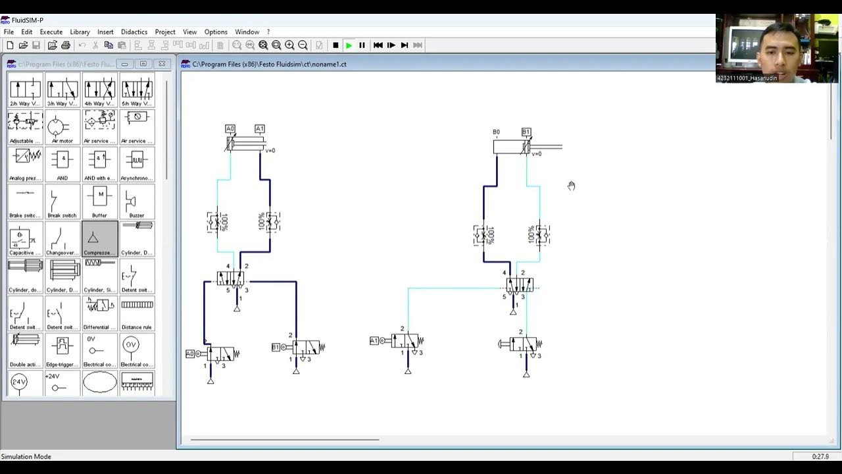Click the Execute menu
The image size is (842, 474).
51,32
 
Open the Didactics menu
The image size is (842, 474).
134,32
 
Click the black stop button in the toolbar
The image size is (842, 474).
335,45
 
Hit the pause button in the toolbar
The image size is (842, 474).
362,45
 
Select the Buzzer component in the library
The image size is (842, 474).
137,201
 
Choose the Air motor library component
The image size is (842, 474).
62,126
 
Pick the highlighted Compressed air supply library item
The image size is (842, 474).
100,239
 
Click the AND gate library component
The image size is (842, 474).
62,164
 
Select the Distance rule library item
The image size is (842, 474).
137,313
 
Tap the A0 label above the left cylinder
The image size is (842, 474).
230,129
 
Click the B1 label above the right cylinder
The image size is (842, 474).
526,132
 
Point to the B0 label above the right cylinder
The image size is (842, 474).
497,132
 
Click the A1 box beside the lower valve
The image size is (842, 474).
374,340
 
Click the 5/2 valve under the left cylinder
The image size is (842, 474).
230,279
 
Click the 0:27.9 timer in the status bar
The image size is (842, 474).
820,456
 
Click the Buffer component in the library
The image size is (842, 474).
100,201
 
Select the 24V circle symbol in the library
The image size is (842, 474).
19,382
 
